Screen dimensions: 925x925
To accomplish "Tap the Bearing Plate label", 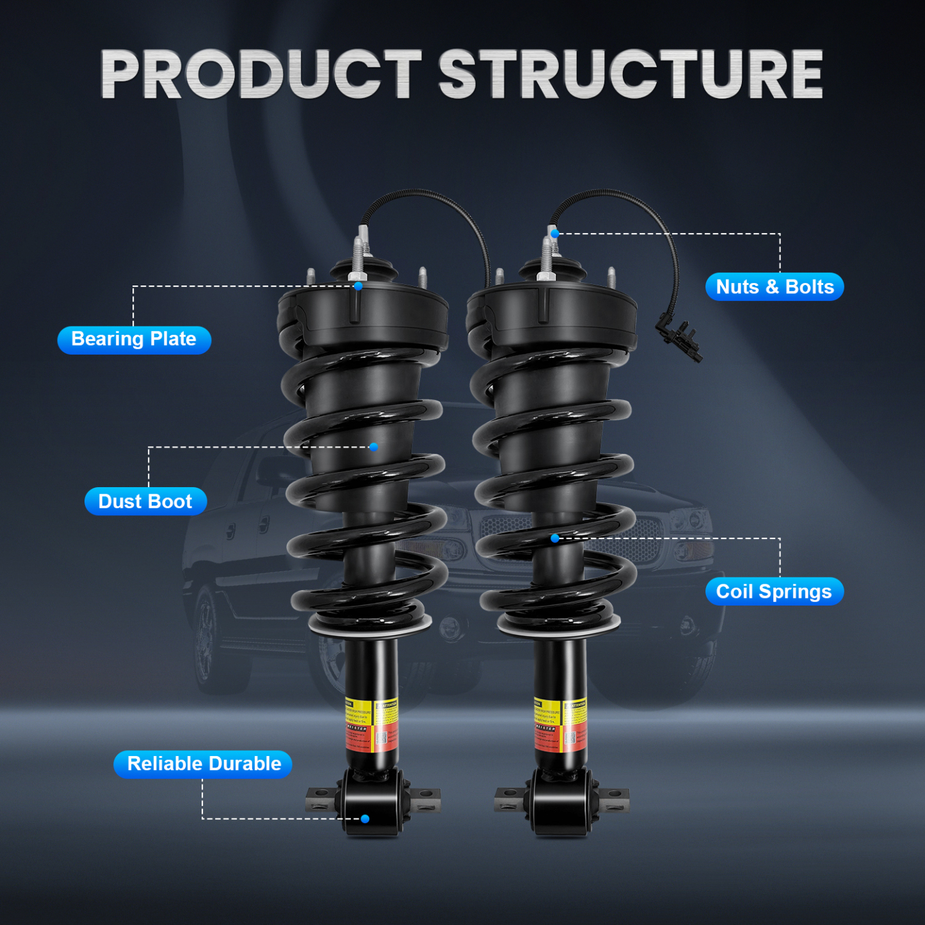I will point(134,339).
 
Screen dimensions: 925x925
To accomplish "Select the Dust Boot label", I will point(145,501).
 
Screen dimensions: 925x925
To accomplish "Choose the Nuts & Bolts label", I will point(775,287).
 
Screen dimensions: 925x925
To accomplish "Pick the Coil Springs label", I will point(774,591).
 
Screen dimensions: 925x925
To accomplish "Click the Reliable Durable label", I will point(204,764).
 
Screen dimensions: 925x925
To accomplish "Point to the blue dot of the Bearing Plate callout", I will point(358,286).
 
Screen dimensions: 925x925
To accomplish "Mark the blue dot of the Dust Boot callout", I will point(373,447).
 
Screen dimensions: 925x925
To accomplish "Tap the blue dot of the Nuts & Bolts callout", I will point(555,234).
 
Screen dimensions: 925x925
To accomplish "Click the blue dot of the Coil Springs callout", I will point(555,538).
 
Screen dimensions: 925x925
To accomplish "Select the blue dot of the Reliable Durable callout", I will point(365,819).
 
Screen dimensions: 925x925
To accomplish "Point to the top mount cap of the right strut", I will point(552,307).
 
